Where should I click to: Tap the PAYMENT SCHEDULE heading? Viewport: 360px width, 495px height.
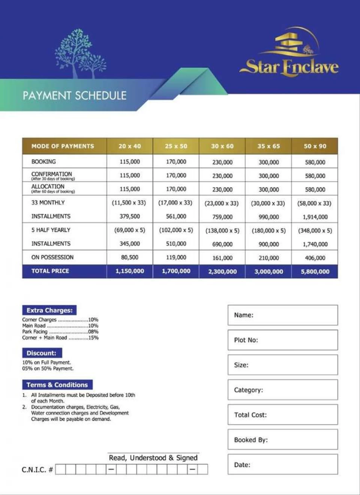point(74,96)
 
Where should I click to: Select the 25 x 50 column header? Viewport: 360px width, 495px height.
point(176,146)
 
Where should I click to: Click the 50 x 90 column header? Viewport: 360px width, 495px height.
point(315,146)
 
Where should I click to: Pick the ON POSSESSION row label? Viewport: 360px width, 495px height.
point(52,257)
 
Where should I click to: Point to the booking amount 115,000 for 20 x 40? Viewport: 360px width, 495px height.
point(130,162)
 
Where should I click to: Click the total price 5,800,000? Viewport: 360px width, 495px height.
point(315,271)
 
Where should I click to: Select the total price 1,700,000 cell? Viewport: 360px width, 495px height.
point(176,271)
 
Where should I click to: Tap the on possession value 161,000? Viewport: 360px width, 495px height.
point(222,258)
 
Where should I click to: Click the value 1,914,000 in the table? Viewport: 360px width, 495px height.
point(315,217)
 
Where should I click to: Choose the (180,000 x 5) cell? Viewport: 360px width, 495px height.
point(268,231)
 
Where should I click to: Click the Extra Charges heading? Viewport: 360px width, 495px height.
point(49,310)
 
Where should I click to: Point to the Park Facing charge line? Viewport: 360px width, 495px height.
point(60,332)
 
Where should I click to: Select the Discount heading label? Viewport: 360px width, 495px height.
point(42,353)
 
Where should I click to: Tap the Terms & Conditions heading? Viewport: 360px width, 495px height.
point(57,385)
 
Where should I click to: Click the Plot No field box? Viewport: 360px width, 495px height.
point(283,340)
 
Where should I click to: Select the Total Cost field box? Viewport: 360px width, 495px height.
point(283,415)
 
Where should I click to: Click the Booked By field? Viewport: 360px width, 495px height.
point(283,439)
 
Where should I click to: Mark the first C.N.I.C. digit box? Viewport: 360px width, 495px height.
point(60,469)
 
